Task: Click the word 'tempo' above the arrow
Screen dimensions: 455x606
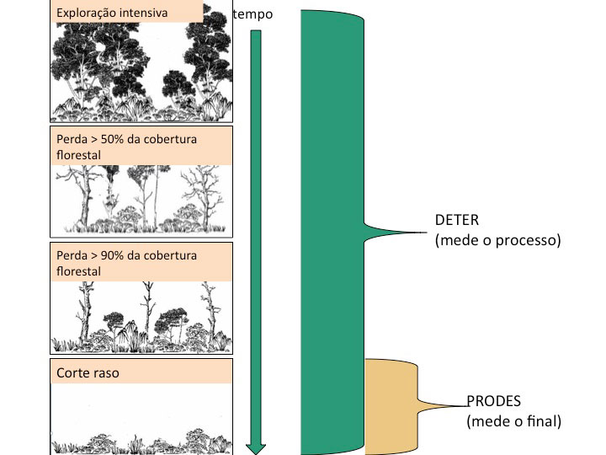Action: (x=252, y=15)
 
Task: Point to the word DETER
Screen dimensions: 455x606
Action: (x=457, y=221)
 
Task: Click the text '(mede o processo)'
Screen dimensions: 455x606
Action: (x=497, y=240)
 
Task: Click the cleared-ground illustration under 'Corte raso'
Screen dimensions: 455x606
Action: (x=141, y=421)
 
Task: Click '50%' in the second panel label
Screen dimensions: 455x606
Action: (x=112, y=139)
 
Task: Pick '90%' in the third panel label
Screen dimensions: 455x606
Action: (x=112, y=255)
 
